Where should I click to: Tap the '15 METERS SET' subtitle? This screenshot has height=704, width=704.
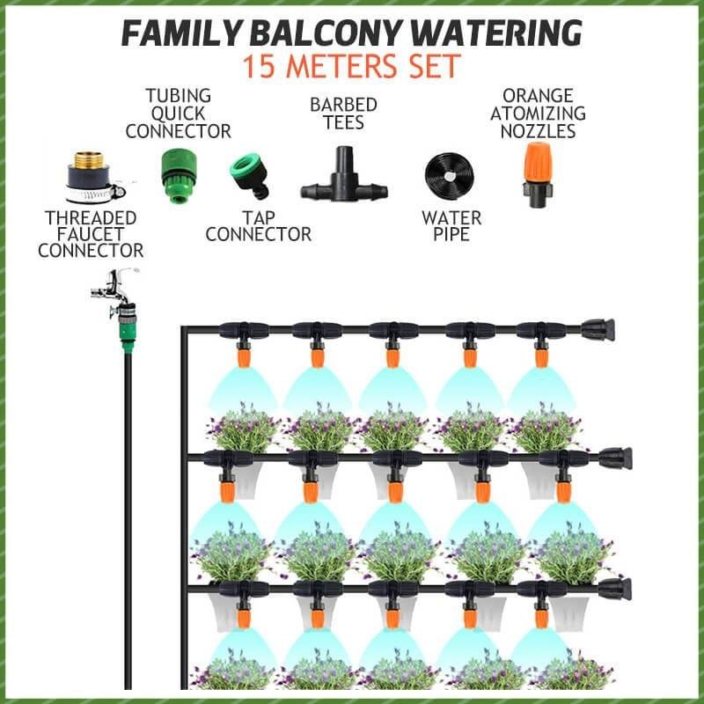click(352, 67)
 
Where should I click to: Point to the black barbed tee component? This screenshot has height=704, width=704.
click(344, 180)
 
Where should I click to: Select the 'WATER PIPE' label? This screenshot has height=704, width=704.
click(451, 226)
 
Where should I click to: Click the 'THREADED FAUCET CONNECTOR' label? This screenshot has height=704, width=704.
click(91, 234)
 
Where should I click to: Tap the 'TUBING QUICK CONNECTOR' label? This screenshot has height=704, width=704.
click(178, 114)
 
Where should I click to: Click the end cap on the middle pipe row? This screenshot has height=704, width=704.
click(615, 458)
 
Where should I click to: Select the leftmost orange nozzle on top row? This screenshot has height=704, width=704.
click(243, 356)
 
